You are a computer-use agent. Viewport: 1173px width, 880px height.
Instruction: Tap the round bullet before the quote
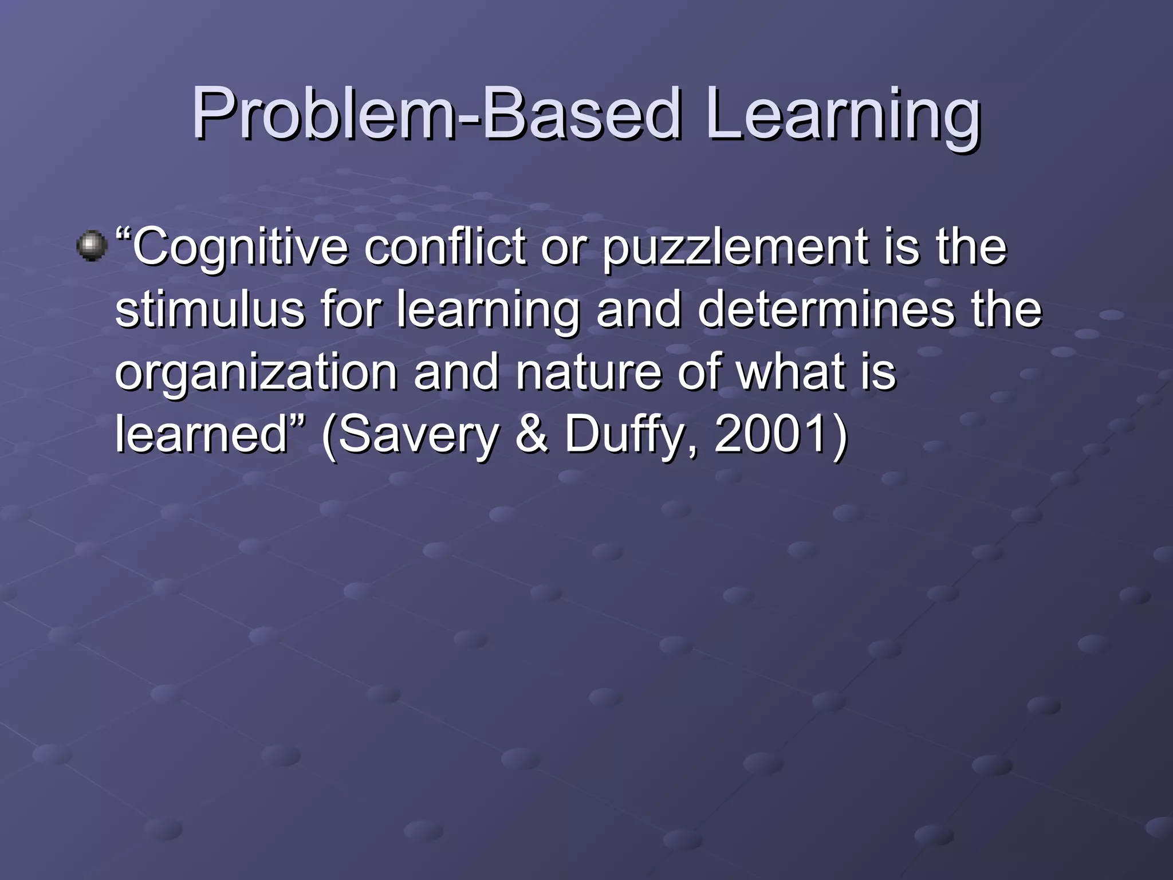click(x=92, y=246)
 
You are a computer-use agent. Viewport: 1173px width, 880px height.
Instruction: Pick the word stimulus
click(x=210, y=309)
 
